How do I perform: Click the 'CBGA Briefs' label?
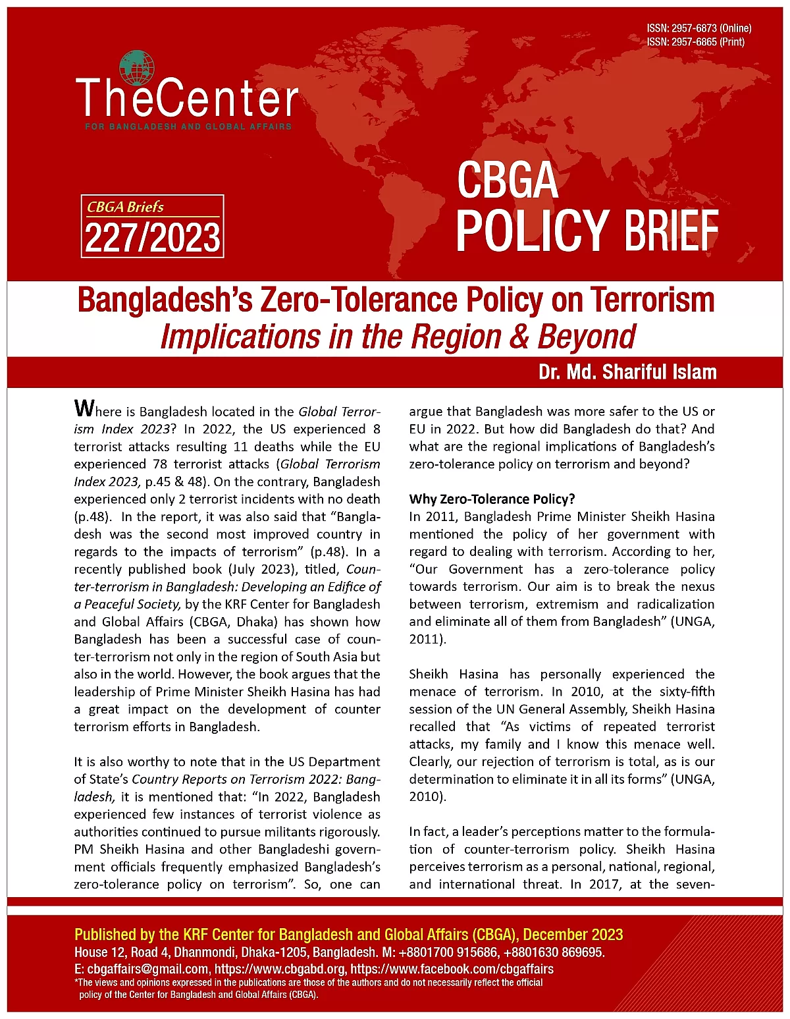[x=125, y=207]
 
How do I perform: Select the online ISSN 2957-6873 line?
[x=698, y=28]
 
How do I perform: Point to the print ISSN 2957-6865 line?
[x=695, y=41]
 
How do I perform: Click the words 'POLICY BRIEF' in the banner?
[x=587, y=230]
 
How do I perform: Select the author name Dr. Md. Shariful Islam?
[x=627, y=372]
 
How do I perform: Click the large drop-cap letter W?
[x=84, y=408]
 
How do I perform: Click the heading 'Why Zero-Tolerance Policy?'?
[x=492, y=499]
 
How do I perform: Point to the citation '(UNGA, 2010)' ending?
[x=427, y=796]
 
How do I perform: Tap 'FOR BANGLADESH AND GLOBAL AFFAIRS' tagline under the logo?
[x=188, y=126]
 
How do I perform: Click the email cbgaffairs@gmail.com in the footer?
[x=147, y=969]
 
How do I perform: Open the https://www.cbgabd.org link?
[x=280, y=969]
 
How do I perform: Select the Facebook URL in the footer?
[x=452, y=969]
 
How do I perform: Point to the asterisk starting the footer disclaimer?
[x=77, y=981]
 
